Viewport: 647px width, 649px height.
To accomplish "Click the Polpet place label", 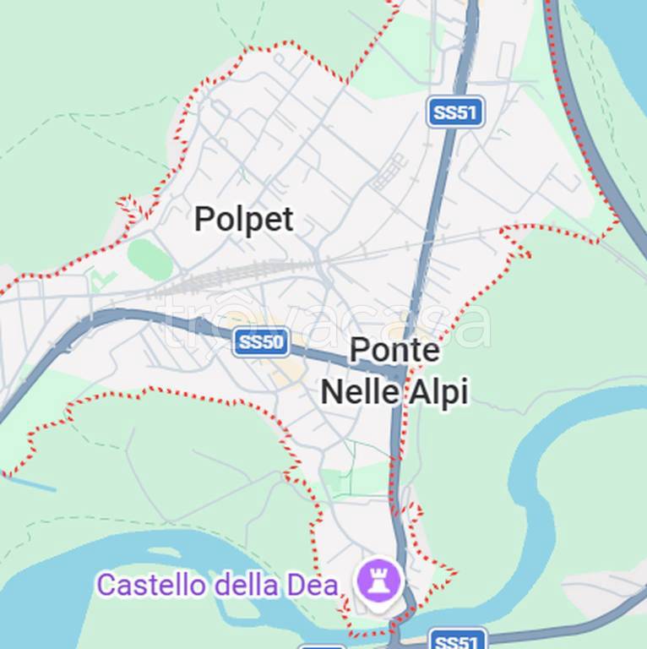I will (243, 220).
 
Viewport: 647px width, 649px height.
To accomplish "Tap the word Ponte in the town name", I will (394, 350).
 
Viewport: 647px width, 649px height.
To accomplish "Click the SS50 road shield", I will (262, 342).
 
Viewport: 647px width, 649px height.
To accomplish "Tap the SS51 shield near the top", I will (455, 112).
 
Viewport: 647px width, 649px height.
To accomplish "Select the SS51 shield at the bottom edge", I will (456, 641).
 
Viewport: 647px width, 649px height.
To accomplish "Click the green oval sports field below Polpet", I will (150, 257).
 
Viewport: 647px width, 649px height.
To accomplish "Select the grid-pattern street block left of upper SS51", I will (389, 173).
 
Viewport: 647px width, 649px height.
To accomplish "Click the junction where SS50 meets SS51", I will (400, 372).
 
